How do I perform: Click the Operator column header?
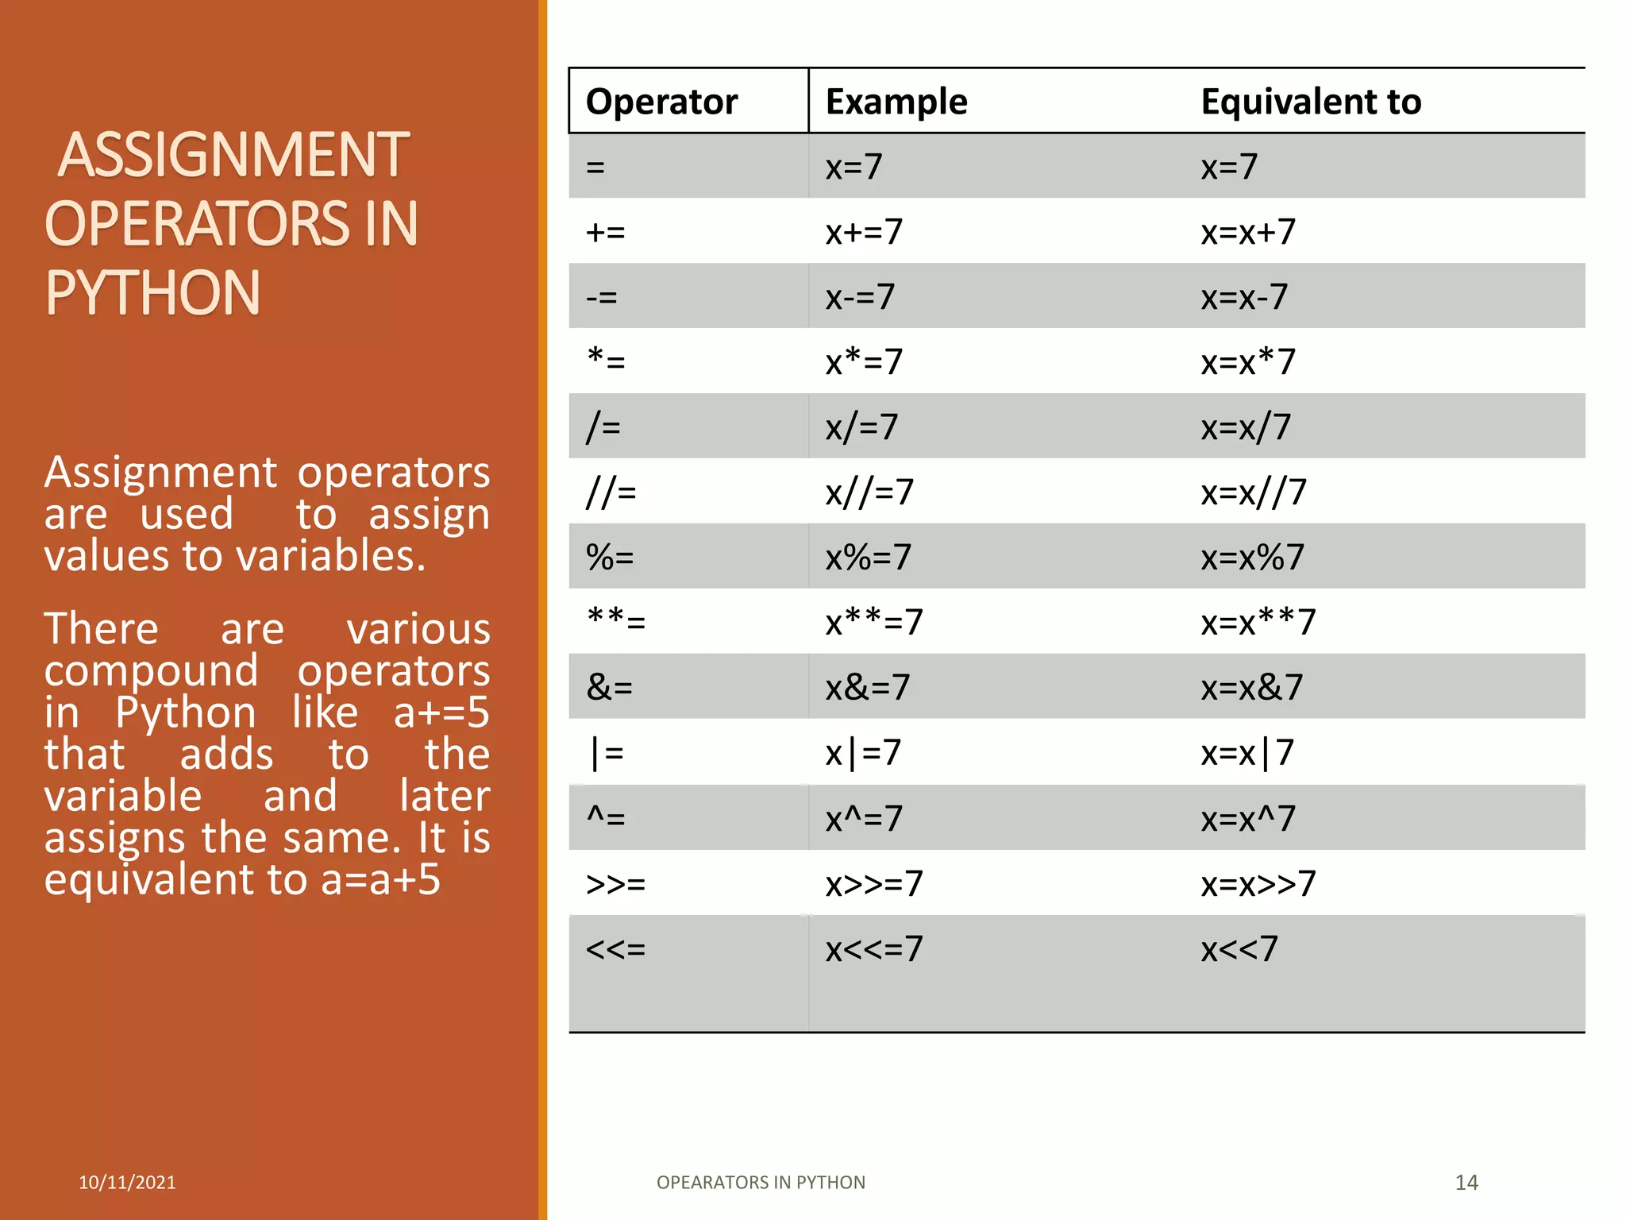click(x=661, y=102)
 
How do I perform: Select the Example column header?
click(x=896, y=102)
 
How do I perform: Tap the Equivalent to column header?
click(x=1311, y=102)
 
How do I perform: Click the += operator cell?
click(x=606, y=232)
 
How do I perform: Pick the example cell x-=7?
click(x=860, y=297)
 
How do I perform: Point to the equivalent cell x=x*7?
click(x=1248, y=362)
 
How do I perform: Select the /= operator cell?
click(x=603, y=427)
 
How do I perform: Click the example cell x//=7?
click(x=869, y=492)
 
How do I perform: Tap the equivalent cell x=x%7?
click(x=1252, y=558)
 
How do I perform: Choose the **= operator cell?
click(x=616, y=621)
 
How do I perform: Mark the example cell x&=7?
click(x=867, y=688)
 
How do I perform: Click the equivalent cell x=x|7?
click(x=1247, y=753)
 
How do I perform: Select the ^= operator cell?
click(x=606, y=818)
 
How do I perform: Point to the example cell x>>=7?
click(x=874, y=883)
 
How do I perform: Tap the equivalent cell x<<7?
click(x=1239, y=948)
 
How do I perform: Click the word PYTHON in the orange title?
click(x=152, y=293)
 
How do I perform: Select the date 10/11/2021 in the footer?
click(x=127, y=1183)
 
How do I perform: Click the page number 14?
click(x=1466, y=1183)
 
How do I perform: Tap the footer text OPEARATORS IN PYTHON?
click(x=761, y=1183)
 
